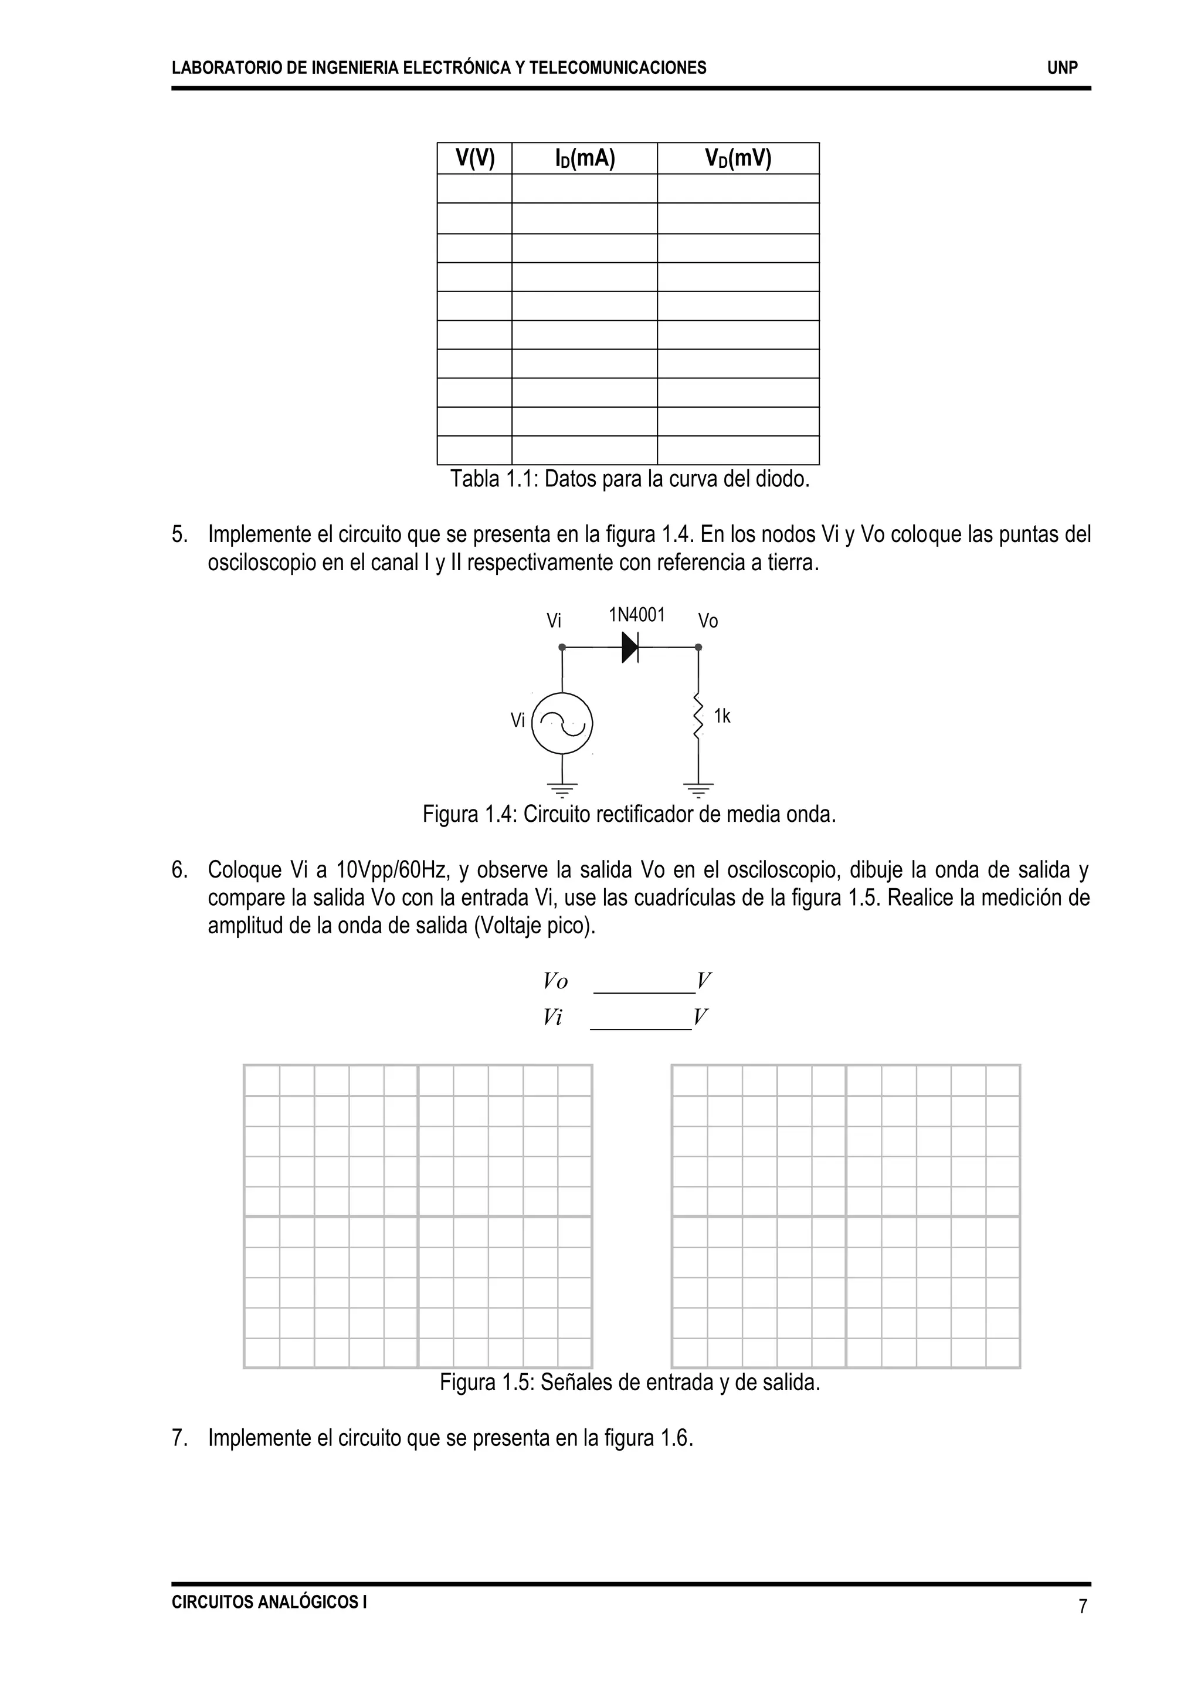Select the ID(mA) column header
coord(584,158)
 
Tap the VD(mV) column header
coord(738,158)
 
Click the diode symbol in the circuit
coord(630,647)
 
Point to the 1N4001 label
coord(637,615)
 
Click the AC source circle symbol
coord(563,723)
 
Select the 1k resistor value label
coord(722,716)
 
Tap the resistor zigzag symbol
coord(697,715)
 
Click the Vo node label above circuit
coord(708,621)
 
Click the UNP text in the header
coord(1062,68)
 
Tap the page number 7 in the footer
coord(1083,1607)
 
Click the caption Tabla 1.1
coord(630,479)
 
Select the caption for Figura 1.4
coord(629,814)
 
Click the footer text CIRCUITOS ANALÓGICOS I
coord(269,1601)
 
